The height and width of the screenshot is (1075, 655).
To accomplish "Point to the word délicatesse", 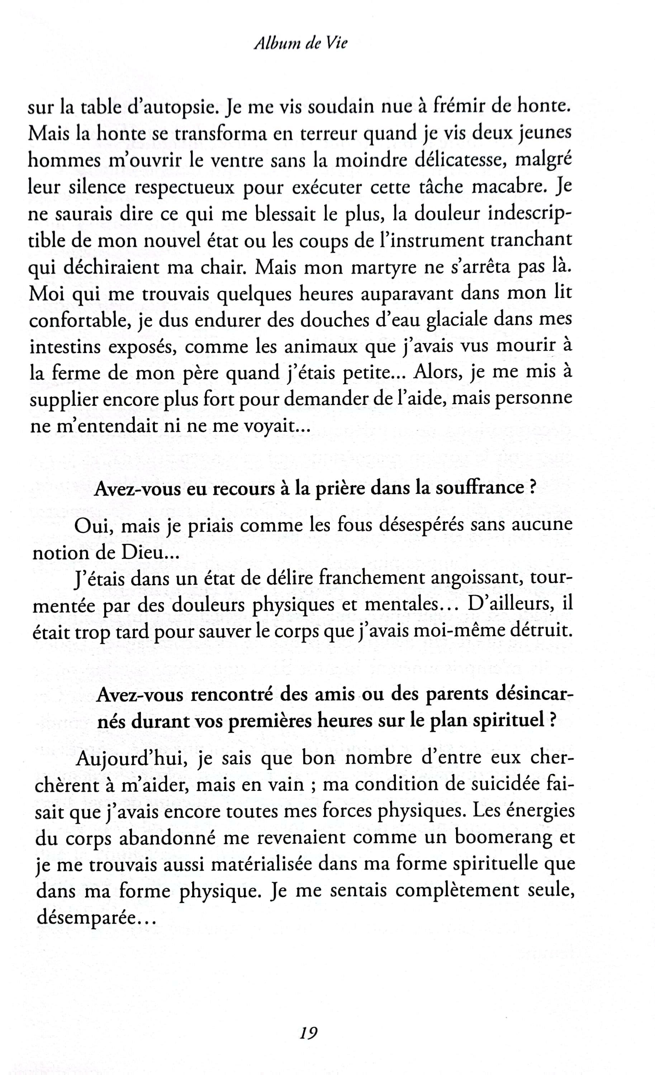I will coord(460,161).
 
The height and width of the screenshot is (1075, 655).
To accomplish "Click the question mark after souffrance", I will coord(532,487).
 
